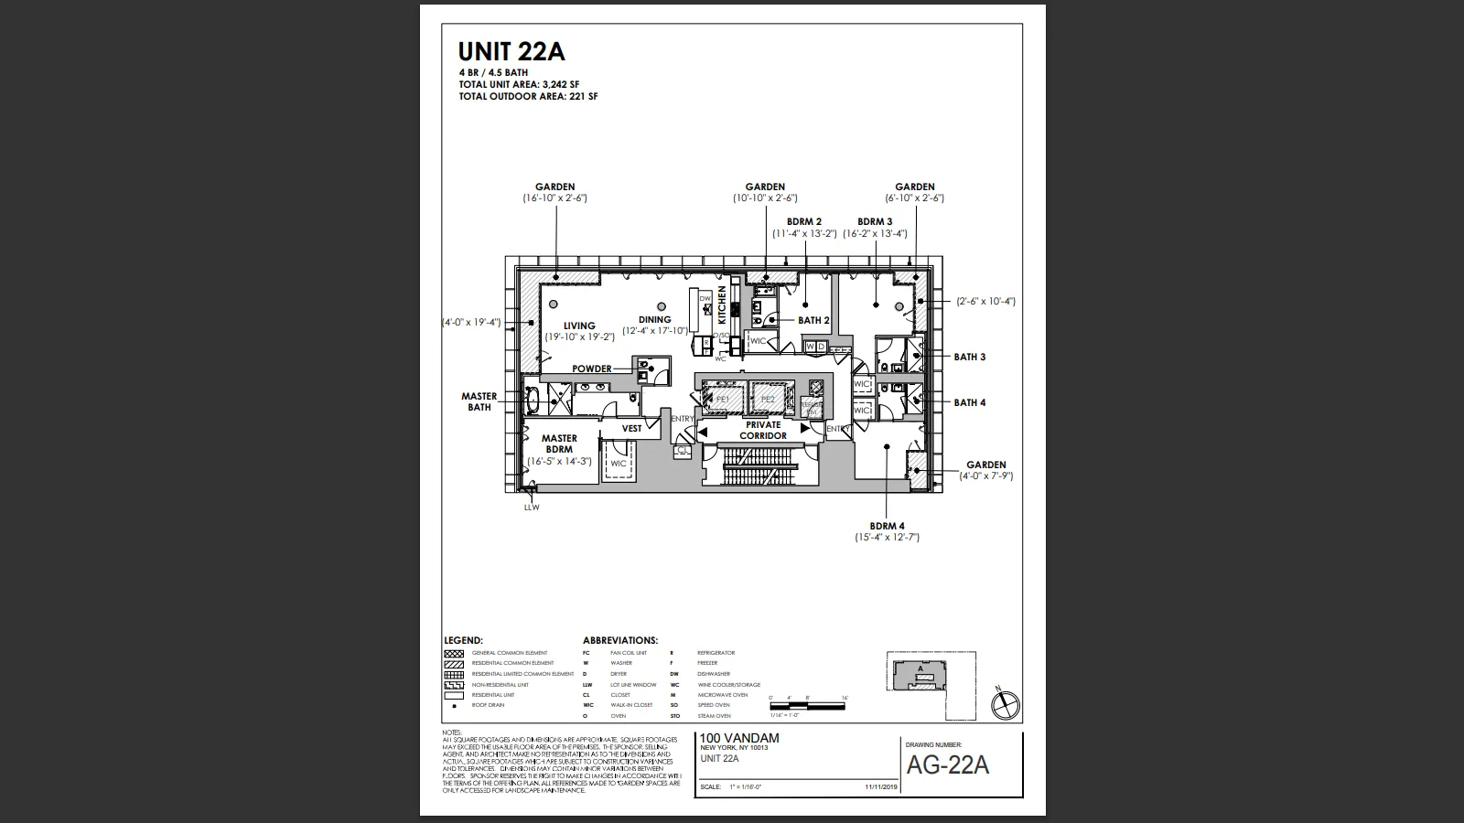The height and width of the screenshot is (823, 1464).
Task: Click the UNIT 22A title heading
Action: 512,51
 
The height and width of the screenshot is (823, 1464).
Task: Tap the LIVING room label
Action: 579,326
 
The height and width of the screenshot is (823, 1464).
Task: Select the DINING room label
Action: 655,320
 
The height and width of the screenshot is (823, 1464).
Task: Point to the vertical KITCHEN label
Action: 722,305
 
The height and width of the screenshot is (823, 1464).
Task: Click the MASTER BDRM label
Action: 559,444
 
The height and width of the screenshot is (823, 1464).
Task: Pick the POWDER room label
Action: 592,369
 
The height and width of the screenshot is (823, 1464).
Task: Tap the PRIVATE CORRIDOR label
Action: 763,430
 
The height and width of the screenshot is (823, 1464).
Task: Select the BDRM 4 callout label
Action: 887,526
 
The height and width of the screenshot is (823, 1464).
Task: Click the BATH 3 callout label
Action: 970,357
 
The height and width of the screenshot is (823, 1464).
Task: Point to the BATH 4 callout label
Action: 970,402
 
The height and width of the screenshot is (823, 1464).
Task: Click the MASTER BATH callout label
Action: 479,401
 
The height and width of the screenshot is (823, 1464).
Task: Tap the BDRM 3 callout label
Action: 875,221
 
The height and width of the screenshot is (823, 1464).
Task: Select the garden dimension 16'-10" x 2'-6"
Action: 554,198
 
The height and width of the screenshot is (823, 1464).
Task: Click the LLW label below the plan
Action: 532,508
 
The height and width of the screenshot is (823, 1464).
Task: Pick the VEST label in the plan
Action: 632,428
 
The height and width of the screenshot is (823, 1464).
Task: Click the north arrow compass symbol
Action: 1006,704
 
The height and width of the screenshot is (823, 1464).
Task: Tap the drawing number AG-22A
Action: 947,765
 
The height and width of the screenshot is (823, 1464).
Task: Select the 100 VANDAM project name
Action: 739,738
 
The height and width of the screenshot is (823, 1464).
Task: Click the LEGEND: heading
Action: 463,640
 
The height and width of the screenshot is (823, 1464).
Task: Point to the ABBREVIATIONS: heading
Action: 620,640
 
